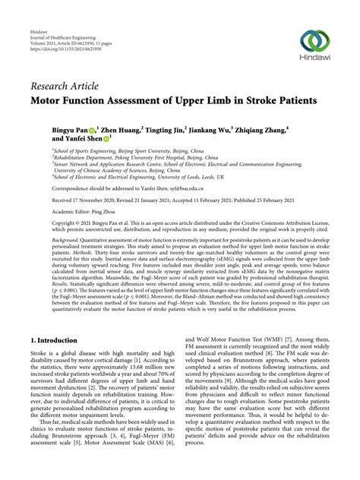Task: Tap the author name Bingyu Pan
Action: (71, 130)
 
